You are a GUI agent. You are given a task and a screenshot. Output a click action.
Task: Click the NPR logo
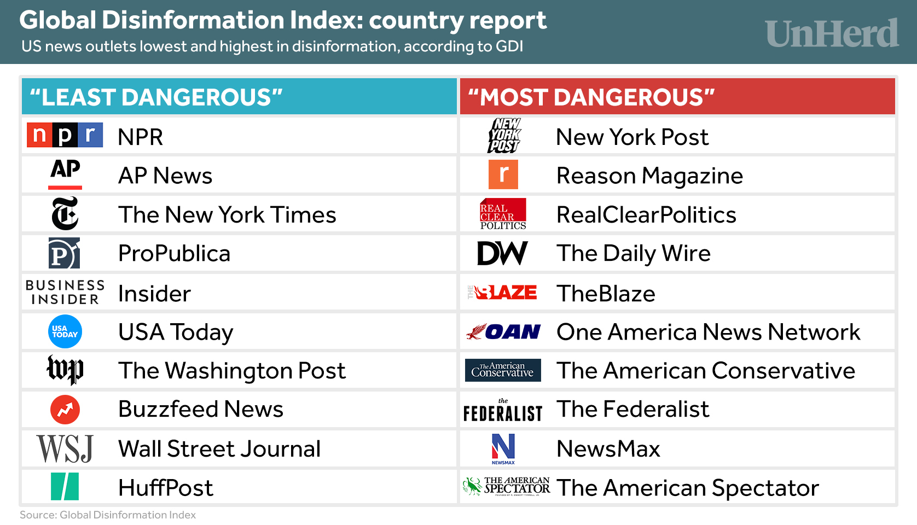[65, 135]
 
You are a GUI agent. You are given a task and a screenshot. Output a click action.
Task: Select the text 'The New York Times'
[227, 215]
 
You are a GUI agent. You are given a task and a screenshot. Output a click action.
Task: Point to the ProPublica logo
[64, 253]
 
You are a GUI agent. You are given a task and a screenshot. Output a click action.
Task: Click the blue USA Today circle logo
[65, 332]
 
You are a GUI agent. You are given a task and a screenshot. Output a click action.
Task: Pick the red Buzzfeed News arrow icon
[65, 410]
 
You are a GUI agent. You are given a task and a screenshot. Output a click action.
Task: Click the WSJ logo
[65, 449]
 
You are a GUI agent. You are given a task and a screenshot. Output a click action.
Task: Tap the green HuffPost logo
[65, 487]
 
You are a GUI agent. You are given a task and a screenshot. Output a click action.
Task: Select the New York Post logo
[504, 136]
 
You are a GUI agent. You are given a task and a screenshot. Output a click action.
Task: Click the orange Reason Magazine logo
[503, 174]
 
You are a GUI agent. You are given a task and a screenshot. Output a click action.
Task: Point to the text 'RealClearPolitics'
[646, 215]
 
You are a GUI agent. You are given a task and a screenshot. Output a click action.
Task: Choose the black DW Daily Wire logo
[502, 253]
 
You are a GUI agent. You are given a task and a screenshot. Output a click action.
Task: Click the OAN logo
[503, 332]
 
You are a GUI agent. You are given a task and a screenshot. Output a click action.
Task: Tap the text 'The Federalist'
[632, 409]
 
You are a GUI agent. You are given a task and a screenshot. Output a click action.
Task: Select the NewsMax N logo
[503, 447]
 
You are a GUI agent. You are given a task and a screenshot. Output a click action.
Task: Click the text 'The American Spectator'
[688, 488]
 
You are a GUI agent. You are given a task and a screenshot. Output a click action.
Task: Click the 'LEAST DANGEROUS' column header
[239, 97]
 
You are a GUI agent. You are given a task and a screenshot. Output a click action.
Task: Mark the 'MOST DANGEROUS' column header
[677, 97]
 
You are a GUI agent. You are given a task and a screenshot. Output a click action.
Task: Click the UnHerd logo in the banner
[832, 33]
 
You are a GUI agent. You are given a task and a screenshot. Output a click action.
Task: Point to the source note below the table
[108, 515]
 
